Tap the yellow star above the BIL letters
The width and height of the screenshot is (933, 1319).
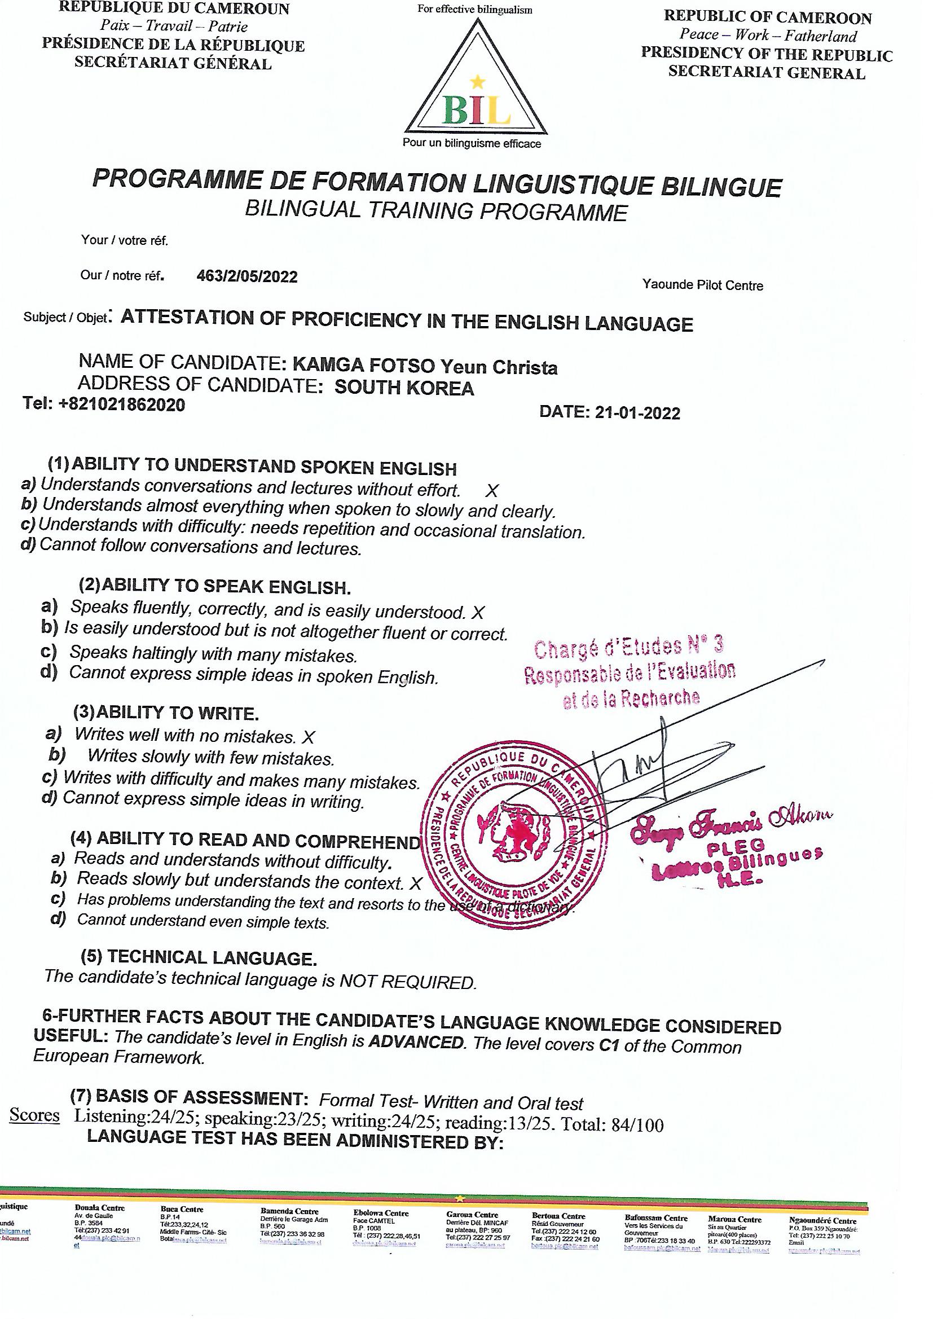pyautogui.click(x=473, y=82)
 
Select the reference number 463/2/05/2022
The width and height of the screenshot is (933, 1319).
pyautogui.click(x=247, y=277)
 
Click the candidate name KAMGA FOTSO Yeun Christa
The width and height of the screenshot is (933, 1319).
pyautogui.click(x=425, y=366)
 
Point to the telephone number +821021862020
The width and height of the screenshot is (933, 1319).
pyautogui.click(x=122, y=405)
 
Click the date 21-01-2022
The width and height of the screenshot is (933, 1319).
pyautogui.click(x=638, y=413)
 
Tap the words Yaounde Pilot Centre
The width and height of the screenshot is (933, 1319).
pyautogui.click(x=703, y=285)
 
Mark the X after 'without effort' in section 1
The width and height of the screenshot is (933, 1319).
pyautogui.click(x=492, y=491)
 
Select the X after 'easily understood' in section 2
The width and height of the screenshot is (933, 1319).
pyautogui.click(x=477, y=614)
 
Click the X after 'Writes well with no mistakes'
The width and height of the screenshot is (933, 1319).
pyautogui.click(x=309, y=737)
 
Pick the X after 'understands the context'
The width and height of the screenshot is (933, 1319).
pyautogui.click(x=416, y=883)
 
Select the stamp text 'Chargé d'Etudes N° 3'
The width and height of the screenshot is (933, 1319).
pyautogui.click(x=628, y=648)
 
